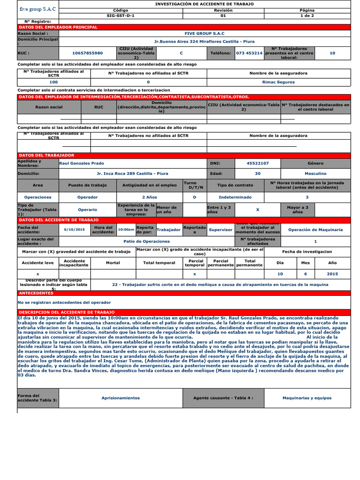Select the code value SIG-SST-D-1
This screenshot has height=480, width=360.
[120, 15]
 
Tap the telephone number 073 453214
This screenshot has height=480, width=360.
[249, 53]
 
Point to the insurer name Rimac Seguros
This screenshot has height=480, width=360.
[278, 82]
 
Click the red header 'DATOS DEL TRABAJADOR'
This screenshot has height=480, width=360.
[46, 155]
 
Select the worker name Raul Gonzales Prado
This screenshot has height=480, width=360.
[82, 163]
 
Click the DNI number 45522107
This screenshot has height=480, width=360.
[258, 163]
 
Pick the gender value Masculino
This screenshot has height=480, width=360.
[315, 173]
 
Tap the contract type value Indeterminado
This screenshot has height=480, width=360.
[235, 197]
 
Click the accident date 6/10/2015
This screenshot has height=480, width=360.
[74, 230]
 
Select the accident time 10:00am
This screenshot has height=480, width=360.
[126, 230]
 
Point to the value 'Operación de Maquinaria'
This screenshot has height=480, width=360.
[315, 230]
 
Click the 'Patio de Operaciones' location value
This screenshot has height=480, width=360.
[146, 241]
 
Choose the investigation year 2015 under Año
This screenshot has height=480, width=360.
[332, 273]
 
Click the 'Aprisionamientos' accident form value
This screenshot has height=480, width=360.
[120, 397]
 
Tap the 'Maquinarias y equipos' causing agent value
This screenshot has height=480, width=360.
[307, 397]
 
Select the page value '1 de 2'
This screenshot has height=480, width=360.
[307, 15]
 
